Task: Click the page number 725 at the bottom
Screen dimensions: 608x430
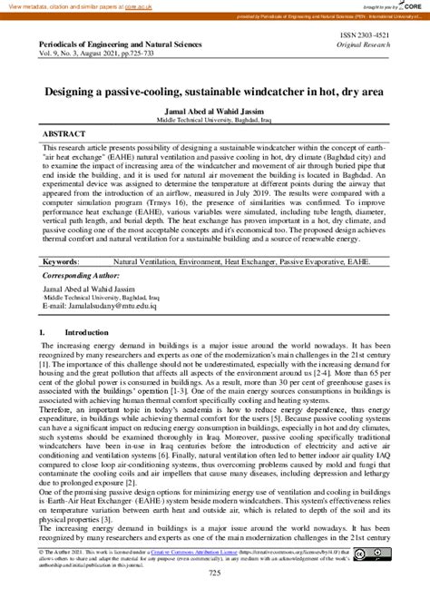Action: pos(215,598)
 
